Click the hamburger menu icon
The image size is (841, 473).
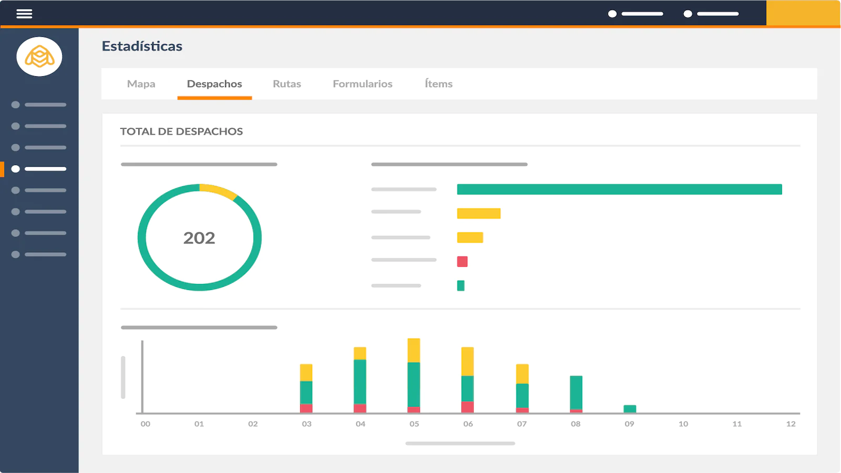tap(24, 14)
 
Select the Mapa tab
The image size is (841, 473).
tap(141, 84)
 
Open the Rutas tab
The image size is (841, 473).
tap(287, 84)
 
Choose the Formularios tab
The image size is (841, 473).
tap(363, 84)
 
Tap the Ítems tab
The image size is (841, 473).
tap(438, 84)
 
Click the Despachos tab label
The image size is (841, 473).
tap(214, 84)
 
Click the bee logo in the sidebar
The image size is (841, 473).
tap(39, 57)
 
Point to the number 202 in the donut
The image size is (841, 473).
tap(199, 238)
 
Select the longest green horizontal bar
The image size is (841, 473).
tap(620, 189)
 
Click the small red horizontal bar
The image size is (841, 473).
tap(462, 261)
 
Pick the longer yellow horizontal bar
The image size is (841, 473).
tap(479, 213)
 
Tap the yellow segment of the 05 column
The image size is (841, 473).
tap(414, 350)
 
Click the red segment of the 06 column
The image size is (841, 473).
tap(467, 407)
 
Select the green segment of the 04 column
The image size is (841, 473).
tap(360, 382)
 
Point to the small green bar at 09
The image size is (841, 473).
tap(630, 409)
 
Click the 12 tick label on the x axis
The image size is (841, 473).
tap(791, 424)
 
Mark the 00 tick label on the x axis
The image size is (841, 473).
tap(145, 424)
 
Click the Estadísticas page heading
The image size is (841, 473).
tap(142, 46)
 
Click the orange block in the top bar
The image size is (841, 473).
tap(803, 13)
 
